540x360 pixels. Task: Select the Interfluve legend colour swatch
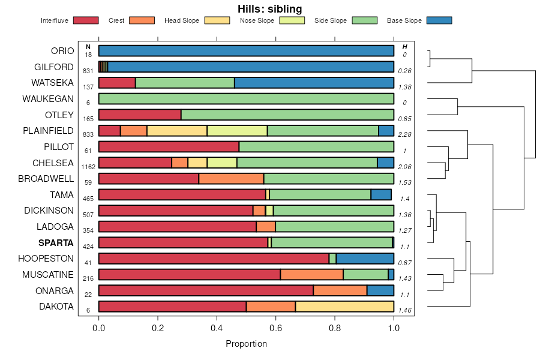point(85,21)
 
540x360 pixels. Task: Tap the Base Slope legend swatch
point(439,21)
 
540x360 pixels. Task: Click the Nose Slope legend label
point(257,21)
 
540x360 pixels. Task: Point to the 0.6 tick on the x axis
point(275,328)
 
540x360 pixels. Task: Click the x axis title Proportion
point(246,344)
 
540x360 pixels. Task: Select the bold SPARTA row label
point(56,243)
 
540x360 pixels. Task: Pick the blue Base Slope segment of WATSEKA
point(314,83)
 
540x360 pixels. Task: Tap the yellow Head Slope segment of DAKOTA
point(344,307)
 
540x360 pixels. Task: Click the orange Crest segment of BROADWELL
point(231,179)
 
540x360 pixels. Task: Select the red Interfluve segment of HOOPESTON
point(214,259)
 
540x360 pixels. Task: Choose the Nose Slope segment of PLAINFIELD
point(237,131)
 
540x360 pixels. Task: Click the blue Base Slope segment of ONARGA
point(380,291)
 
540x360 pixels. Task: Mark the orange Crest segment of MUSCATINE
point(311,275)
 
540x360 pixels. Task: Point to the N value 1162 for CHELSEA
point(88,167)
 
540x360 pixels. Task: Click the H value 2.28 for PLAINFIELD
point(404,134)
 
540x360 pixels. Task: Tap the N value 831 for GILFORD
point(88,71)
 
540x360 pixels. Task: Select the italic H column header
point(404,47)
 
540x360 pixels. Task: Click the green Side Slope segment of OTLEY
point(287,115)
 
